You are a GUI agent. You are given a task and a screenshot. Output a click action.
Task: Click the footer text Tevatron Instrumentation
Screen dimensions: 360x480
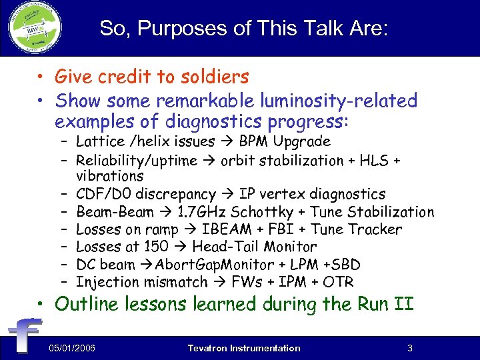point(244,348)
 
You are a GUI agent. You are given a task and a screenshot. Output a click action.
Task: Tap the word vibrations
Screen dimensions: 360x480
point(109,177)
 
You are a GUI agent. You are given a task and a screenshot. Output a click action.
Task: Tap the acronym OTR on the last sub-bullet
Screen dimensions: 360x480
point(339,281)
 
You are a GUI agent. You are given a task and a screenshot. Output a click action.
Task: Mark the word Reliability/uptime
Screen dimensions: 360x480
point(137,160)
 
